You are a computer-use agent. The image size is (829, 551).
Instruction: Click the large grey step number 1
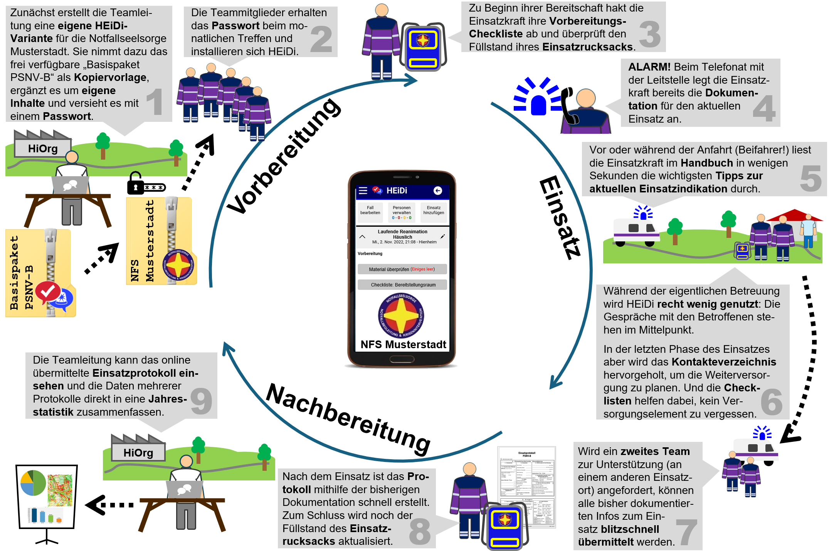click(x=155, y=101)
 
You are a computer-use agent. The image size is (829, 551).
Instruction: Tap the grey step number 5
click(x=810, y=178)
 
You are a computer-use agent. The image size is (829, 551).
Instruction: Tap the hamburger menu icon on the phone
click(x=363, y=190)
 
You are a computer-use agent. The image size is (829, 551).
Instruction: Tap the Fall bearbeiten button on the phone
click(x=370, y=211)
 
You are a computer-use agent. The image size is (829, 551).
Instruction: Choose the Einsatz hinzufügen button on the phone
click(x=434, y=211)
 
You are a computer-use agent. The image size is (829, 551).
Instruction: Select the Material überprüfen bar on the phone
click(x=402, y=269)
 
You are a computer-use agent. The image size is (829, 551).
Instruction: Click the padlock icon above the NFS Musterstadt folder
click(x=136, y=183)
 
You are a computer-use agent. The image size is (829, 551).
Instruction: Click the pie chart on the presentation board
click(x=33, y=482)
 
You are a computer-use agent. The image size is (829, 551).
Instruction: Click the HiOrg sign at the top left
click(x=43, y=148)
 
